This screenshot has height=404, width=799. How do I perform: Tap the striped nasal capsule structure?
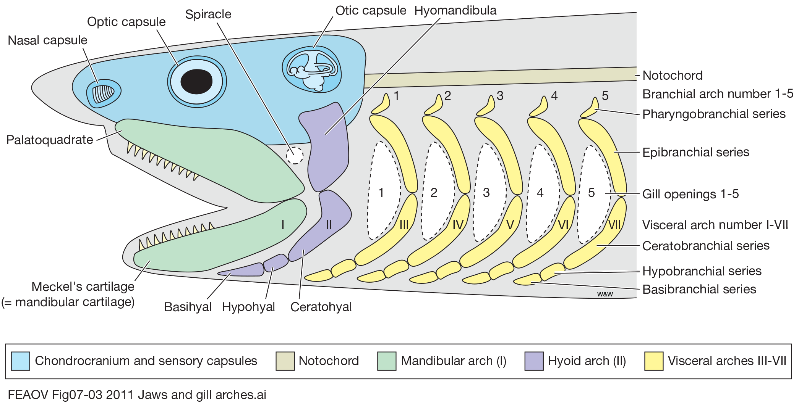[104, 94]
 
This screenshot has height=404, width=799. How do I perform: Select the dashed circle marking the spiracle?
[295, 156]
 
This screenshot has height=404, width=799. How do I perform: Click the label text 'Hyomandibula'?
[455, 11]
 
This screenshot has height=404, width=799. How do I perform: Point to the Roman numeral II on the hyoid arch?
[329, 225]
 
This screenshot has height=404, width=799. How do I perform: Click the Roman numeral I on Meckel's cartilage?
[283, 225]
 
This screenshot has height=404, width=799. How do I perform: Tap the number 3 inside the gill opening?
[486, 193]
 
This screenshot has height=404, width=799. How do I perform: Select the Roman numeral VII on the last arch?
[614, 225]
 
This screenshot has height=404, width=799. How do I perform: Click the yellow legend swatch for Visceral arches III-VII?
[654, 361]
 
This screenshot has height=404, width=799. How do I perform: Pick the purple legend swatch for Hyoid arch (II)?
[534, 361]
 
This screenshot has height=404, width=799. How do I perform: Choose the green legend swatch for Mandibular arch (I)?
[387, 361]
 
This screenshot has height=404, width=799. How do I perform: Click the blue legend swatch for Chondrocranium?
[21, 361]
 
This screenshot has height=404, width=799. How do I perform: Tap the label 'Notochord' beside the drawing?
[673, 76]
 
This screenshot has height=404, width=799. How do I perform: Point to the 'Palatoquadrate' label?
[50, 140]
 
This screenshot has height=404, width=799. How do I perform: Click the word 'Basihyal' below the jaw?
[188, 307]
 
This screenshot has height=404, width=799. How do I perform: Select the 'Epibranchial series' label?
[696, 153]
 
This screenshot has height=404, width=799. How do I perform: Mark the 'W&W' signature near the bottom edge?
[605, 294]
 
